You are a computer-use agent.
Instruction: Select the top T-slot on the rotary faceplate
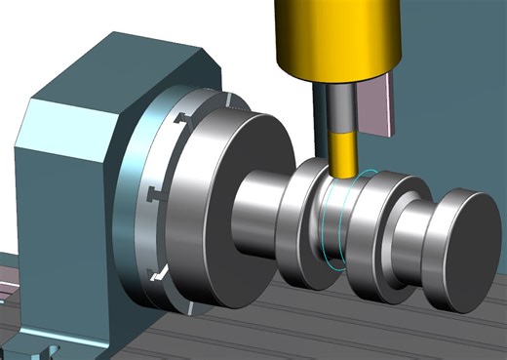coord(179,121)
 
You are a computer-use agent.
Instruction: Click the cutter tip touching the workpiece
coord(343,177)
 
